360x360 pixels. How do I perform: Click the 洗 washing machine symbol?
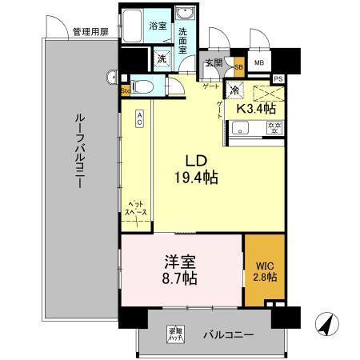161,58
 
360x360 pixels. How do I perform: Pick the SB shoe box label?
238,67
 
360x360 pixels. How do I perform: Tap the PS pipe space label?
278,79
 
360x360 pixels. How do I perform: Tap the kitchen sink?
239,130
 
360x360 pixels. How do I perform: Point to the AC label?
139,118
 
